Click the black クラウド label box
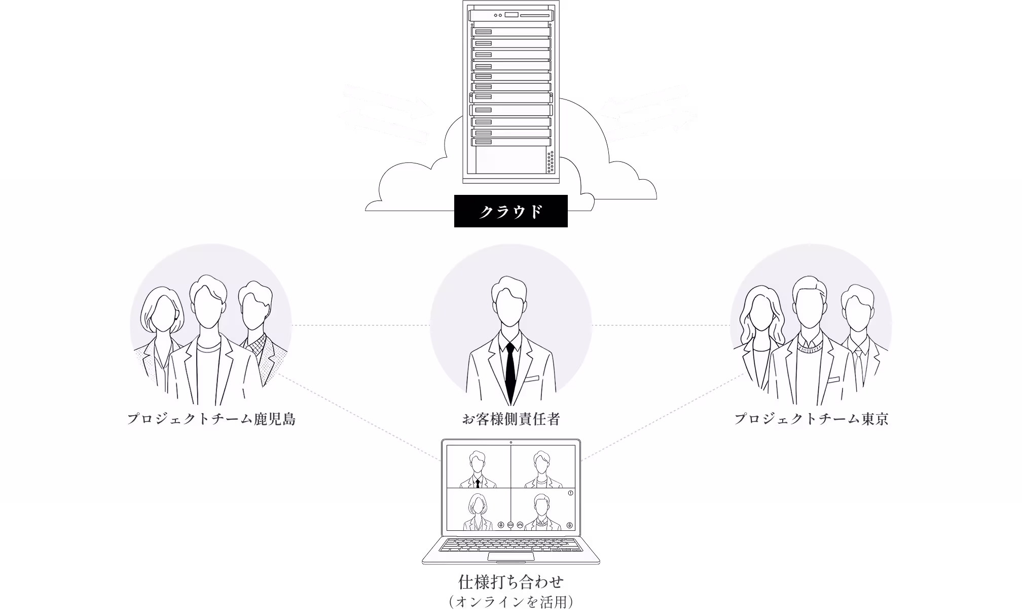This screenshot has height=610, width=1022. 510,211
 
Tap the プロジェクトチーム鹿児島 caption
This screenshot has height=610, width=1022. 211,419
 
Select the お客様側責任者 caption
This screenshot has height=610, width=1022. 510,419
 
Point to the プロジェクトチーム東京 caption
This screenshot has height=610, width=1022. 811,419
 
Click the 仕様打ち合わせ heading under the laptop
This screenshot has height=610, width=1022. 510,582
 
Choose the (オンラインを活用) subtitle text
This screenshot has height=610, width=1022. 510,602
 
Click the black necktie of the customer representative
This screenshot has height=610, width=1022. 510,373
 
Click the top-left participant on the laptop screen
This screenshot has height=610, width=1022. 478,469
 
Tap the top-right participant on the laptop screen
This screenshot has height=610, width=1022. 542,469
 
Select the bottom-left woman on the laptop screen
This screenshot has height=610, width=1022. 477,512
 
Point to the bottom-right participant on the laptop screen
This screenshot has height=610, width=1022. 542,512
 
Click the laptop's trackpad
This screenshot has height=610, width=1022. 510,557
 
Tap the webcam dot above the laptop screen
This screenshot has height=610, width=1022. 510,443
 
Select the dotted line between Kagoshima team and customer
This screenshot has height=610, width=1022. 361,325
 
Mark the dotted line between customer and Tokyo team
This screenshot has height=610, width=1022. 661,325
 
